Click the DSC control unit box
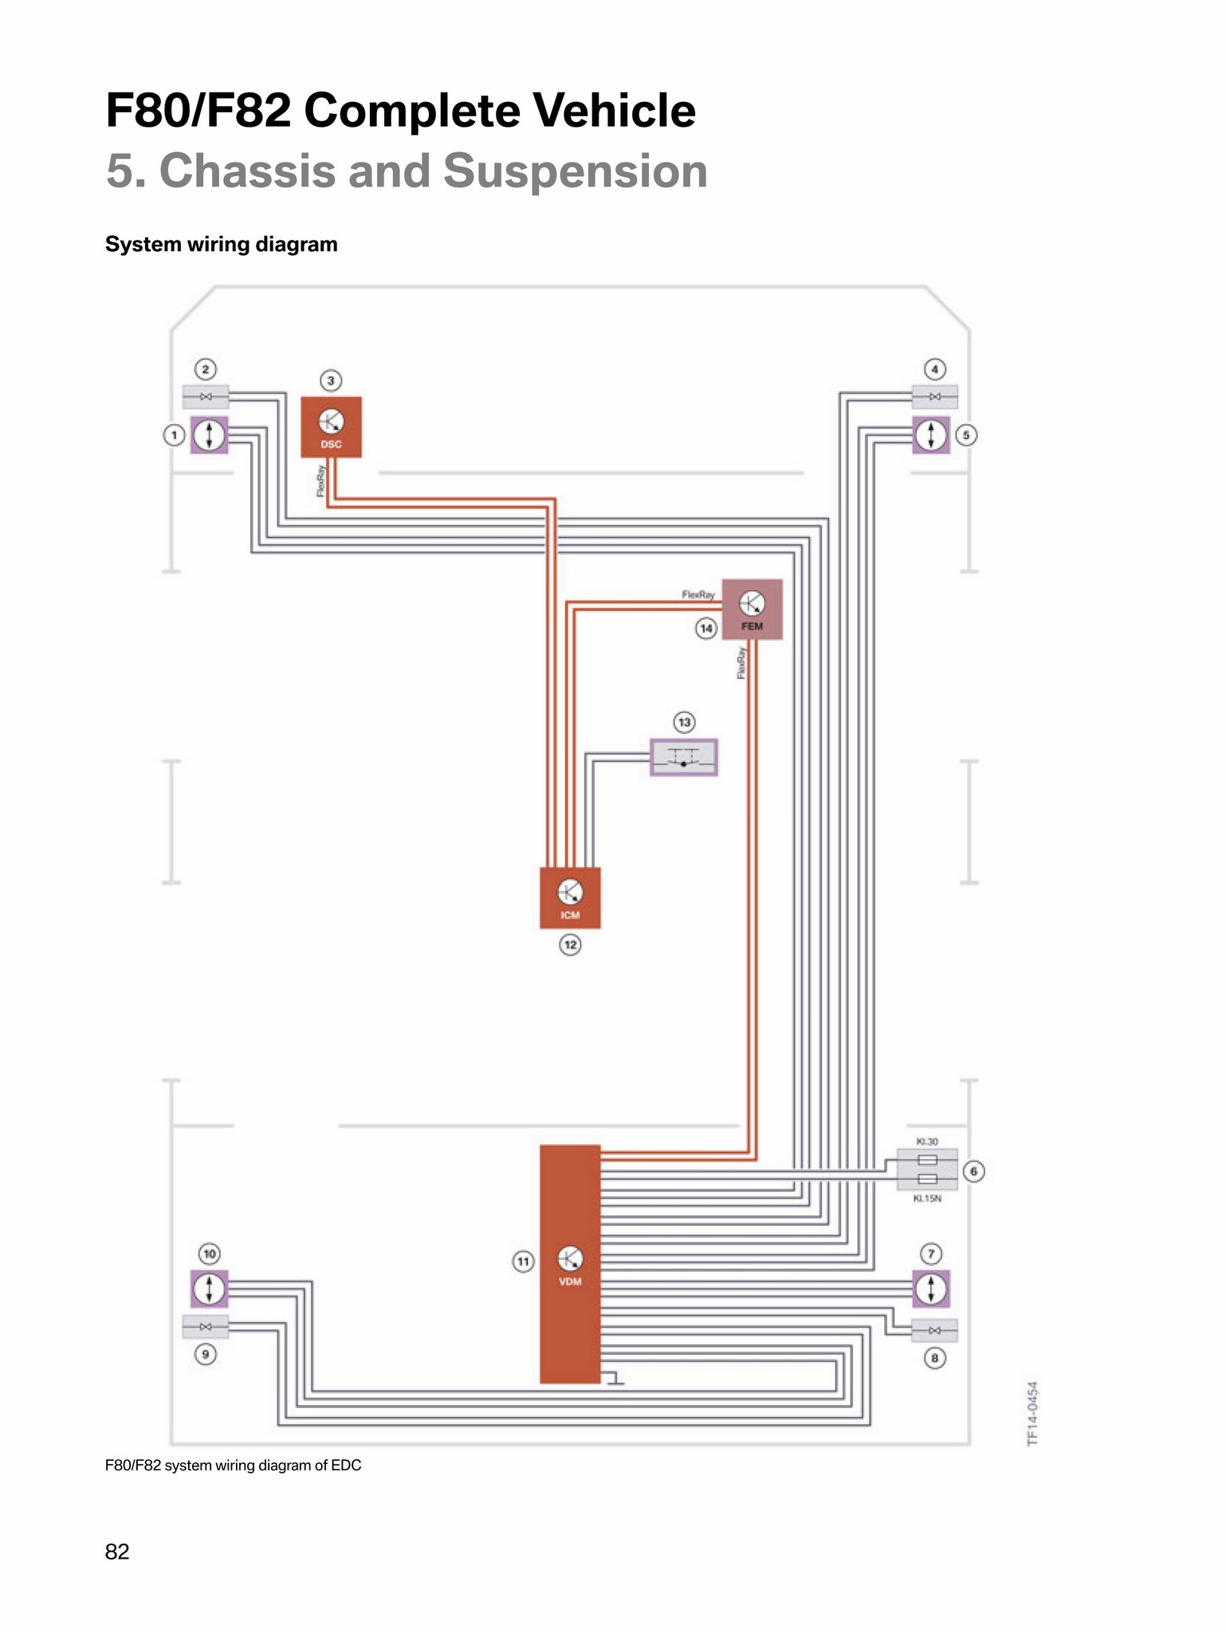(x=331, y=427)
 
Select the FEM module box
(x=752, y=610)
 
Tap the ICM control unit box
(x=570, y=898)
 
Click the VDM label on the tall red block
(x=570, y=1281)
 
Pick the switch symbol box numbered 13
(x=684, y=757)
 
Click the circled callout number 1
(x=174, y=435)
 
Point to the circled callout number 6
(x=973, y=1171)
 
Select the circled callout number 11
(x=523, y=1261)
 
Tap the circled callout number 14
(x=706, y=629)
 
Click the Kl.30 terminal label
(x=927, y=1142)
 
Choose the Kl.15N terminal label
(x=927, y=1198)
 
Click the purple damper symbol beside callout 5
(x=931, y=435)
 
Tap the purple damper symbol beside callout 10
(x=209, y=1289)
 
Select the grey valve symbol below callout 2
(x=206, y=396)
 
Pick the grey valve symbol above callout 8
(x=934, y=1330)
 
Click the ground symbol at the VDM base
(x=614, y=1379)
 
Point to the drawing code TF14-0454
(x=1032, y=1414)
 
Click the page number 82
(x=117, y=1552)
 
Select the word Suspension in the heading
(x=575, y=171)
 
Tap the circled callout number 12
(x=570, y=945)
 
